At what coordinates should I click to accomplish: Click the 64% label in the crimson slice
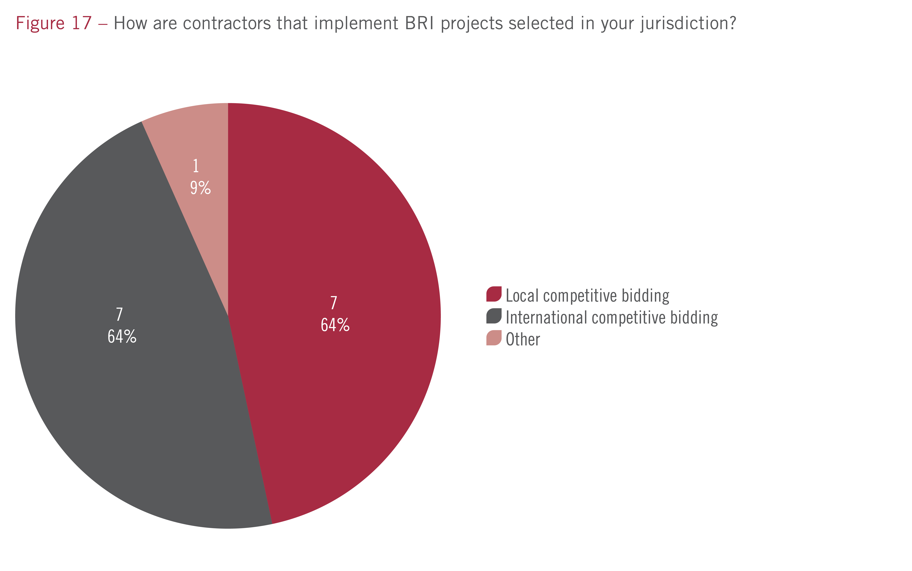tap(335, 325)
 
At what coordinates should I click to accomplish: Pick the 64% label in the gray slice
tap(122, 337)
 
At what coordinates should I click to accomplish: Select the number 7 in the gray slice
tap(119, 314)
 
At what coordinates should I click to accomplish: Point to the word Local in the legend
tap(522, 296)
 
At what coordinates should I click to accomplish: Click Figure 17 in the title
tap(54, 23)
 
